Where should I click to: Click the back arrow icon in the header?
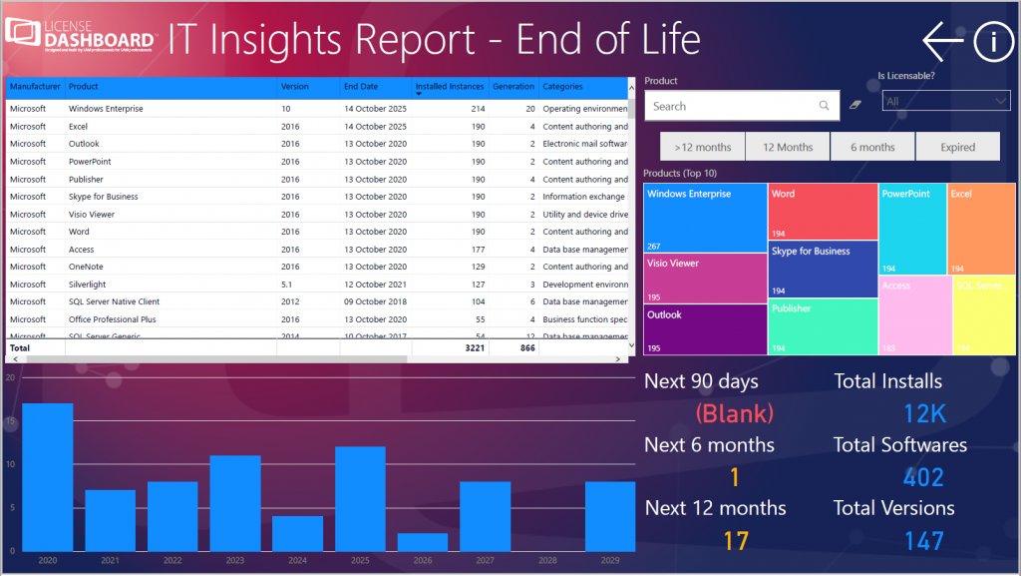pos(941,41)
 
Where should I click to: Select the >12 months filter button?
pos(702,147)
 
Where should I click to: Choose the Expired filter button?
pos(957,147)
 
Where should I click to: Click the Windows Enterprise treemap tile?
pos(705,218)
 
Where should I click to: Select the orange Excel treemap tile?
pos(981,229)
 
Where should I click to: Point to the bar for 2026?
pos(423,542)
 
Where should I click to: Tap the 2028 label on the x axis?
pos(547,561)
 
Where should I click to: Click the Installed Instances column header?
pos(450,87)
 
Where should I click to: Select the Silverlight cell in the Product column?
pos(88,285)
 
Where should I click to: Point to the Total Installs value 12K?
pos(924,413)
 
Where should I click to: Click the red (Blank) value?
pos(734,412)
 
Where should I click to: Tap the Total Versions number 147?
pos(923,541)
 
